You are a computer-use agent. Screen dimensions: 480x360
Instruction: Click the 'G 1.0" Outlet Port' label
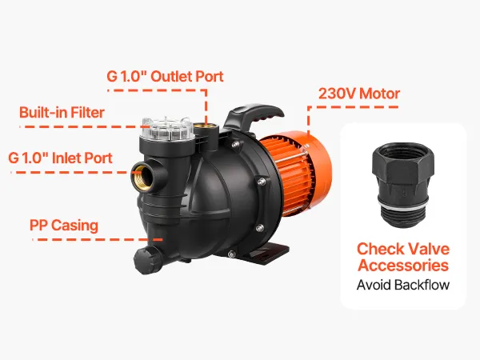tap(165, 76)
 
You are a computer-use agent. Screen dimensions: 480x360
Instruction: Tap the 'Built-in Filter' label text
tap(62, 112)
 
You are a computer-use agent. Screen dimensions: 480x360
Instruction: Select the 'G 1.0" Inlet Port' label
tap(60, 158)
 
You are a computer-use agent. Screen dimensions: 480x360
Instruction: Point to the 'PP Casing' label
tap(64, 226)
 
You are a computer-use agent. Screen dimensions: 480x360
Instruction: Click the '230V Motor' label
tap(359, 94)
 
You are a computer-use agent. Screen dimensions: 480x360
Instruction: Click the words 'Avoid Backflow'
tap(403, 285)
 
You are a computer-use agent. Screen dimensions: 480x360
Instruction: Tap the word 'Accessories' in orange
tap(403, 265)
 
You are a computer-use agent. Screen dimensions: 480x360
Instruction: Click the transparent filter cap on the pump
tap(167, 129)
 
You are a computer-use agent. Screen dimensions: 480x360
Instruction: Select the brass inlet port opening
tap(142, 176)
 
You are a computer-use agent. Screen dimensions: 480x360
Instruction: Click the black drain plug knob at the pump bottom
tap(148, 260)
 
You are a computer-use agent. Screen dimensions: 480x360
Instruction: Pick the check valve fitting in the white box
tap(403, 186)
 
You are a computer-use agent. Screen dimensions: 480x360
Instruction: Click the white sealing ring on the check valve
tap(403, 204)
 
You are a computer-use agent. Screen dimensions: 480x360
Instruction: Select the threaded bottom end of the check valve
tap(403, 218)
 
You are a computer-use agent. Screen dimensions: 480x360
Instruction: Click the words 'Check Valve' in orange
tap(403, 249)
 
